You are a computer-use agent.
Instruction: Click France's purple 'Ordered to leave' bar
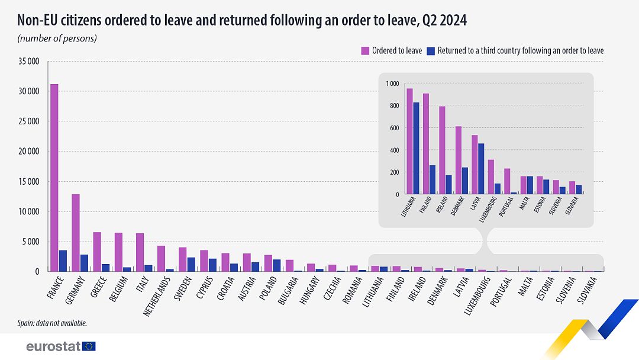54,178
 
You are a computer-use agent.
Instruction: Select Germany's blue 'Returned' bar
85,263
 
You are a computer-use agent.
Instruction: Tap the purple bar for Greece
97,252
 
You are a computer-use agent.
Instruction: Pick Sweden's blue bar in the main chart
191,265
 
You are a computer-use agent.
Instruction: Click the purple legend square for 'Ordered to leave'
365,50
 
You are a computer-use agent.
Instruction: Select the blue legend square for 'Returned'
431,50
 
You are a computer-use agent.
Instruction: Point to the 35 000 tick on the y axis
29,62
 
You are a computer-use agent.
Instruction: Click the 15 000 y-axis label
29,181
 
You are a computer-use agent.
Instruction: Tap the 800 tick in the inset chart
393,105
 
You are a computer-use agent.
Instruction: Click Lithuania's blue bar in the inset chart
416,148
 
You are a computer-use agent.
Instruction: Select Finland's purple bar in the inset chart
426,144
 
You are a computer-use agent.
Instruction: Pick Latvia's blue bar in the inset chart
481,169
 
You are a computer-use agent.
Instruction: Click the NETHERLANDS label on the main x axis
157,296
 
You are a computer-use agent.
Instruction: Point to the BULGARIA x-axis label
288,290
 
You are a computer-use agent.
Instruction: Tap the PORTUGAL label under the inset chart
506,206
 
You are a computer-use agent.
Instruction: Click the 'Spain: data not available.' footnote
52,323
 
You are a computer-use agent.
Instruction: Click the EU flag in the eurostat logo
89,346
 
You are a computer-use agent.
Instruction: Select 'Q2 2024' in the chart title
444,20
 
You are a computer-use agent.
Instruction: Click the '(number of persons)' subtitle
57,38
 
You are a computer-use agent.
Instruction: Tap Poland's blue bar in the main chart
277,265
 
